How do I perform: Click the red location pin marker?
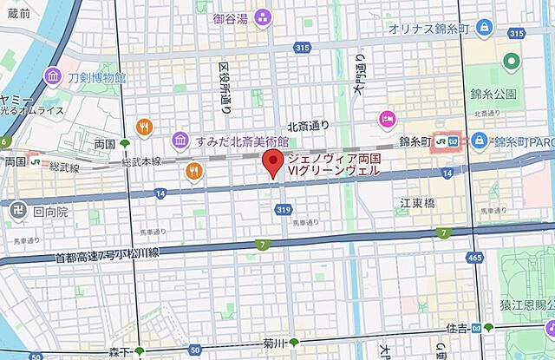[273, 162]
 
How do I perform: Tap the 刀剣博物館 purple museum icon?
[51, 78]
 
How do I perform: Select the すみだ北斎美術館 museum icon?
[180, 140]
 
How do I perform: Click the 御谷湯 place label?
[232, 18]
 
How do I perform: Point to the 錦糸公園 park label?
[495, 93]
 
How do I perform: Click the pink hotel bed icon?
[386, 118]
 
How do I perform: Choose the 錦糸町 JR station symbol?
[443, 141]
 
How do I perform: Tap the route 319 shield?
[283, 208]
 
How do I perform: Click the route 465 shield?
[473, 259]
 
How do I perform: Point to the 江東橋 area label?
[417, 202]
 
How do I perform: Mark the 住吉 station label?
[459, 328]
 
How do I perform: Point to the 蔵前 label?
[16, 13]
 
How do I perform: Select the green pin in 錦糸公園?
[511, 62]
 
